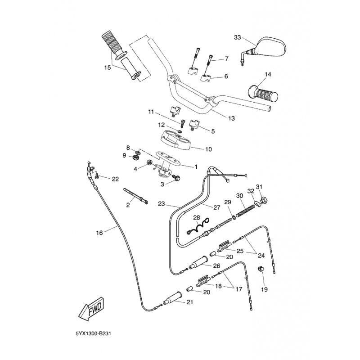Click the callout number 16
pyautogui.click(x=99, y=233)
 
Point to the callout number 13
pyautogui.click(x=232, y=118)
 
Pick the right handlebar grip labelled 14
pyautogui.click(x=261, y=93)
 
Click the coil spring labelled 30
pyautogui.click(x=247, y=211)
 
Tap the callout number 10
pyautogui.click(x=208, y=149)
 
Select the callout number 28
pyautogui.click(x=196, y=218)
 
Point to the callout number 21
pyautogui.click(x=189, y=302)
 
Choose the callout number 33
pyautogui.click(x=237, y=38)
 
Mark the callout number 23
pyautogui.click(x=161, y=203)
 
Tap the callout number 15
pyautogui.click(x=107, y=68)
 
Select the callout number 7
pyautogui.click(x=226, y=58)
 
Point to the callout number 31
pyautogui.click(x=271, y=187)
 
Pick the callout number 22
pyautogui.click(x=115, y=179)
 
